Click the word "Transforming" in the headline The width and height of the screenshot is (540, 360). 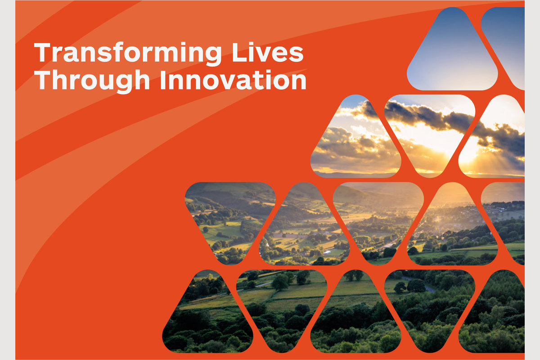(128, 54)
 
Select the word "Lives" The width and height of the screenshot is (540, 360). (268, 52)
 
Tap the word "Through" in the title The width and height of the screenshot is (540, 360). (92, 81)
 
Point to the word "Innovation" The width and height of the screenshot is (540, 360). (233, 80)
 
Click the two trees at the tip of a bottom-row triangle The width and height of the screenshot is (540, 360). (354, 275)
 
